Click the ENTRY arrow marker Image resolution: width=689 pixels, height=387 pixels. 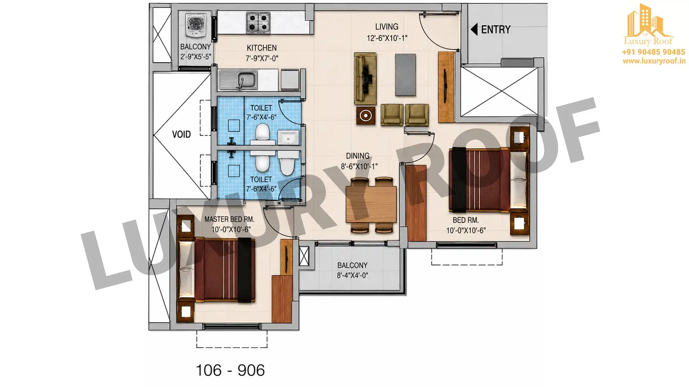(474, 29)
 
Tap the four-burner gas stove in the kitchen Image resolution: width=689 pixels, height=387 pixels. (258, 23)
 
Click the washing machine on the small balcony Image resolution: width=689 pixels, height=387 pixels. (196, 25)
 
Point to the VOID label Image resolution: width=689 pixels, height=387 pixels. (181, 134)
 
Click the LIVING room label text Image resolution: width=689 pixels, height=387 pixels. (386, 27)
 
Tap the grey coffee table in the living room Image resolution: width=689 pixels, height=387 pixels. (406, 75)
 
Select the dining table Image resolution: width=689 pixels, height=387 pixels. (371, 204)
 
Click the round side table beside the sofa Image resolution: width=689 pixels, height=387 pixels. (366, 115)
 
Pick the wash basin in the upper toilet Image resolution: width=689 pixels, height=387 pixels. (288, 138)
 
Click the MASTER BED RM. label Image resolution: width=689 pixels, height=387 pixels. (229, 219)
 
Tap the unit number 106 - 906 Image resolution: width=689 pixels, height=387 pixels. (230, 371)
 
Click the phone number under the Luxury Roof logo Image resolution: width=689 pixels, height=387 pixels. (653, 52)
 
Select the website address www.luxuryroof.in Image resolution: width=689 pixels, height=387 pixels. (654, 61)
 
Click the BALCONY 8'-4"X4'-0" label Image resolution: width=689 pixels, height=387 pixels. (352, 270)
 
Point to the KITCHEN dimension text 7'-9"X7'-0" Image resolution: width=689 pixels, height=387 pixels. (262, 58)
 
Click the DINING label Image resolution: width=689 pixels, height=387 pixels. (357, 156)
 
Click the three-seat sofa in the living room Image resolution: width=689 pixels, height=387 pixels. (365, 78)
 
